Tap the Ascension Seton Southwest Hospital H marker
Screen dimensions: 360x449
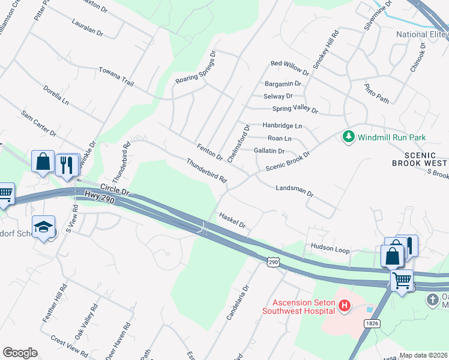click(345, 307)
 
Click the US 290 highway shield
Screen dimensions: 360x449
click(274, 263)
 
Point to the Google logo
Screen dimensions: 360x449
click(20, 353)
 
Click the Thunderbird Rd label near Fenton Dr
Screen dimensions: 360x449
click(206, 171)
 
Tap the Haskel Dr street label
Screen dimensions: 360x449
click(233, 220)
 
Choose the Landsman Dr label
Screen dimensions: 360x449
click(294, 191)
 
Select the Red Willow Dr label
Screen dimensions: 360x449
click(289, 67)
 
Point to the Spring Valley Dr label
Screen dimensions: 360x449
click(295, 110)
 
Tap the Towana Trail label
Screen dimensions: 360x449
click(116, 76)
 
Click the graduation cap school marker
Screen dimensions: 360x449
click(44, 227)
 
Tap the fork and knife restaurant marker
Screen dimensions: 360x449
click(67, 163)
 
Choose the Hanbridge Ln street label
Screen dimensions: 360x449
click(282, 126)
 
